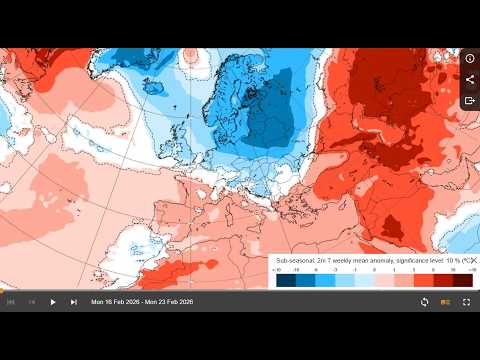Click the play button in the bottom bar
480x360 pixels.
pos(53,302)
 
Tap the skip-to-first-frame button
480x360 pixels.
pos(11,302)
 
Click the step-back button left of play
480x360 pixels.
pos(32,302)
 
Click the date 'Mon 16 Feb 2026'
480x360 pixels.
pos(114,302)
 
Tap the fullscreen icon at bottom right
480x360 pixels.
pos(466,302)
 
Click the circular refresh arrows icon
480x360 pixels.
pos(424,302)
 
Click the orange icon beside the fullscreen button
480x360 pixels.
pos(445,302)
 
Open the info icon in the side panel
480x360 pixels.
pos(470,59)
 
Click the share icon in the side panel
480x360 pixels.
pos(470,80)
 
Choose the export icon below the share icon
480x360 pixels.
pos(470,101)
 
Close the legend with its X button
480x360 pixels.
pos(473,260)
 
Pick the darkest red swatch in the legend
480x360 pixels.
pos(461,280)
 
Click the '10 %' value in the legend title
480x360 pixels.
pos(446,260)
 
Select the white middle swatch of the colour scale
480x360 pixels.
pos(373,280)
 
